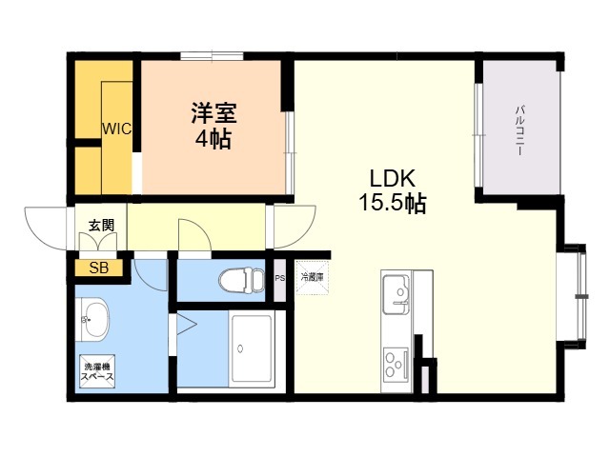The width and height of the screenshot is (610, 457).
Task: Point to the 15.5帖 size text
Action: [x=393, y=203]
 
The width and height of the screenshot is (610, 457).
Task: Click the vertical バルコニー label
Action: [x=521, y=132]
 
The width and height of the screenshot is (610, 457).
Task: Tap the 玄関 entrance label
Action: [x=101, y=226]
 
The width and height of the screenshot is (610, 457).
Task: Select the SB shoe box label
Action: [x=99, y=268]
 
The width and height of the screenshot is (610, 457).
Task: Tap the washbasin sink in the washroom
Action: [x=94, y=316]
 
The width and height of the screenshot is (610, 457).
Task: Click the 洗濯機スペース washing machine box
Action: [x=98, y=371]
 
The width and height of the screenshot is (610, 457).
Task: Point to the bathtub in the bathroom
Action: [x=252, y=348]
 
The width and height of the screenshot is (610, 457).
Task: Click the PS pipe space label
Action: [x=280, y=278]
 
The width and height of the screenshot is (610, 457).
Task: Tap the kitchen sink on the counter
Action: [x=396, y=294]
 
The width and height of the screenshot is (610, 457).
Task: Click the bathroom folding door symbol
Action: [x=183, y=328]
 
